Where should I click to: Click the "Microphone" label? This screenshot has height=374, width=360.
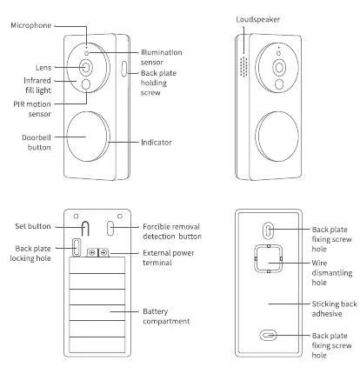click(x=31, y=25)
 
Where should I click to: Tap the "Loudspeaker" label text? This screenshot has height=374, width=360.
click(x=257, y=19)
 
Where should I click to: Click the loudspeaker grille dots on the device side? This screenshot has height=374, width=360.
click(x=243, y=67)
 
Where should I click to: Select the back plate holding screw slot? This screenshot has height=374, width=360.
click(x=124, y=69)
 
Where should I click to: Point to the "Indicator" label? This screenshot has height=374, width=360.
click(x=157, y=143)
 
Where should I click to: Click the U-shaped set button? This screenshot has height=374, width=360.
click(x=85, y=229)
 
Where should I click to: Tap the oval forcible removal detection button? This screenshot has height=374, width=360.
click(x=110, y=229)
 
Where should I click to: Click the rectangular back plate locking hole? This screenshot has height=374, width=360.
click(x=77, y=247)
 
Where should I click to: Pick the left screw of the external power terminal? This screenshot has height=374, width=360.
click(x=92, y=253)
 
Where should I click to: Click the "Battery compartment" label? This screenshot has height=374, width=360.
click(x=166, y=317)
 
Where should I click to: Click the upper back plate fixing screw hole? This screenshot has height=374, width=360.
click(x=269, y=230)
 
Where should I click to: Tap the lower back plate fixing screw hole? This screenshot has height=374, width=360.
click(x=268, y=336)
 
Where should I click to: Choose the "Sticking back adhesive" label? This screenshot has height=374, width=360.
click(x=334, y=309)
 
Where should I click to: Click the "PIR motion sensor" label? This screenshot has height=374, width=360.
click(x=32, y=109)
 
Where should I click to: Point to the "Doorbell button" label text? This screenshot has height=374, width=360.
click(x=37, y=143)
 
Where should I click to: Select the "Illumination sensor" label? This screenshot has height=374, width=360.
click(x=162, y=57)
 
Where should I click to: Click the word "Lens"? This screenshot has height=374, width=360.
click(x=43, y=68)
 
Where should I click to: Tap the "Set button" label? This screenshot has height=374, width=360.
click(x=33, y=226)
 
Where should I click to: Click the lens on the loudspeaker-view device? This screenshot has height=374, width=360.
click(x=279, y=67)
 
